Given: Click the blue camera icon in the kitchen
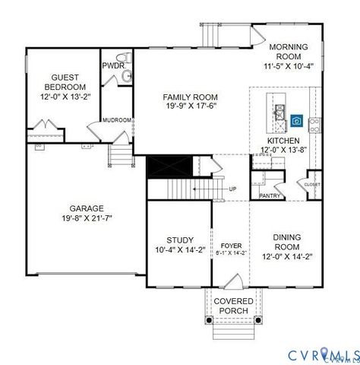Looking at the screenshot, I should [x=296, y=121].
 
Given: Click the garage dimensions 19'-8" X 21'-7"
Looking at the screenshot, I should [x=87, y=220].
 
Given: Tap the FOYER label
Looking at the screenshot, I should [x=231, y=245].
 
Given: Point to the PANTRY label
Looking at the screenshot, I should [x=270, y=196].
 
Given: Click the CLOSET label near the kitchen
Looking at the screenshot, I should [x=312, y=185].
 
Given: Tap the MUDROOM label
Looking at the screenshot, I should [x=118, y=119].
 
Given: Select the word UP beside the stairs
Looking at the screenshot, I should [x=232, y=188].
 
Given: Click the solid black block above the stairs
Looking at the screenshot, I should [x=161, y=165].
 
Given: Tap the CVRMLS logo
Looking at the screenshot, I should [x=323, y=353].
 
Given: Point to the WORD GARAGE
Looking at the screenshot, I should [x=87, y=208].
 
